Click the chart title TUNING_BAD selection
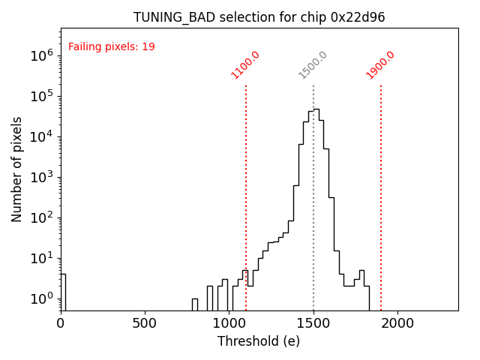coord(259,17)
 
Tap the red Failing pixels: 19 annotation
coord(112,46)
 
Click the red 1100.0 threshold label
coord(245,64)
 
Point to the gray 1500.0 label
coord(313,64)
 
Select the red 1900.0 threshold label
coord(380,64)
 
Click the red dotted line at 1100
coord(246,187)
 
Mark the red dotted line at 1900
coord(381,187)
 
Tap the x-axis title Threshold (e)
coord(259,341)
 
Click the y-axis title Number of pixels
coord(17,169)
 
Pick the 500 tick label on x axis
coord(145,322)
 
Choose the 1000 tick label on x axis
coord(229,322)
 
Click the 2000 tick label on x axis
coord(397,322)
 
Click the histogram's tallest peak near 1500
coord(316,109)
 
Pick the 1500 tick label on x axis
coord(313,322)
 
